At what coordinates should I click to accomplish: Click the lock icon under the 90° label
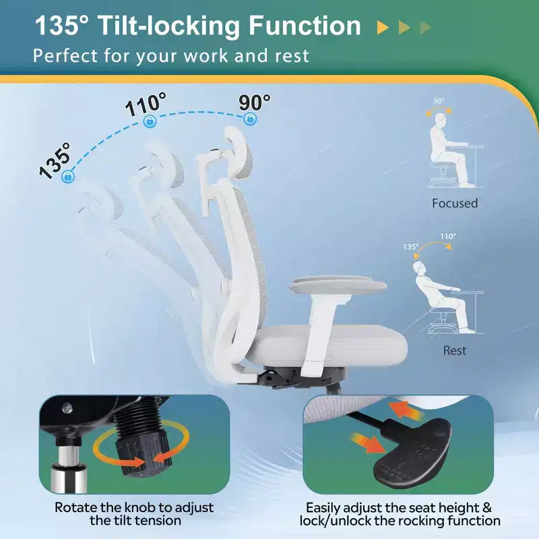[x=250, y=119]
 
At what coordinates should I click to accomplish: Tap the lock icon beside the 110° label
[x=150, y=121]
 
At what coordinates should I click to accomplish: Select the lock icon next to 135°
[x=68, y=177]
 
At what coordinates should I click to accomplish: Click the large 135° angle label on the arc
[x=54, y=160]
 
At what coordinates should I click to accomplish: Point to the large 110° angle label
[x=146, y=104]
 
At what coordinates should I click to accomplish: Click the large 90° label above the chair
[x=255, y=102]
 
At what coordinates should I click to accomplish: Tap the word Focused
[x=455, y=203]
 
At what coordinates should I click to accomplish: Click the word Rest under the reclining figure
[x=454, y=350]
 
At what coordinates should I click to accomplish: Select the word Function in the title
[x=305, y=26]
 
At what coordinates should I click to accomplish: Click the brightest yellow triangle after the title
[x=383, y=28]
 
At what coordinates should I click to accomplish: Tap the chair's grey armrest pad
[x=339, y=285]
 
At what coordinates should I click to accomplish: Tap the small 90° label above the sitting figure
[x=439, y=101]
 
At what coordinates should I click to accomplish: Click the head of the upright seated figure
[x=441, y=121]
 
